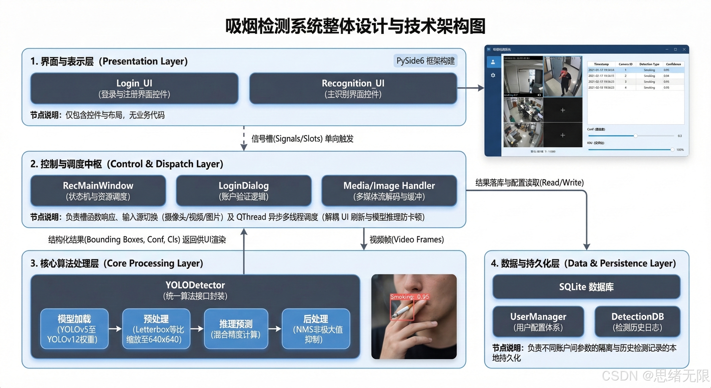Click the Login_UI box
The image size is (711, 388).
[x=134, y=88]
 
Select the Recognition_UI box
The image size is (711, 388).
[x=353, y=88]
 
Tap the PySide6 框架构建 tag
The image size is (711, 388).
[x=425, y=61]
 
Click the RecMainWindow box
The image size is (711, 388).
[x=98, y=190]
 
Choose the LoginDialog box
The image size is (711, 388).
[x=243, y=190]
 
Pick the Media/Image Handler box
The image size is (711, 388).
[x=389, y=190]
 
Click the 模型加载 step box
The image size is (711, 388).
[x=74, y=329]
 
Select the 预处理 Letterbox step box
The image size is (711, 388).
[x=156, y=329]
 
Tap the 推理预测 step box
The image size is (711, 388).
[x=236, y=329]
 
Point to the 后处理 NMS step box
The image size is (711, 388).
[x=316, y=329]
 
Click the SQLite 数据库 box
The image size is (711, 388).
[x=586, y=287]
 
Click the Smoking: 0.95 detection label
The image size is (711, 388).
[x=409, y=297]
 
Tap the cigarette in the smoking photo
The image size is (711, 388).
[x=403, y=311]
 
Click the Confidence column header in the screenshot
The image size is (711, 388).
[x=673, y=64]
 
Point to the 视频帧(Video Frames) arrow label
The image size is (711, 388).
[x=407, y=239]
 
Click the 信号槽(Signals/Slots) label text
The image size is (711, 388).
[x=302, y=139]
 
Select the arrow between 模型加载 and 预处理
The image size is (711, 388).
[x=115, y=329]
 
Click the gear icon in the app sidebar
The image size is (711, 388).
[x=493, y=75]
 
